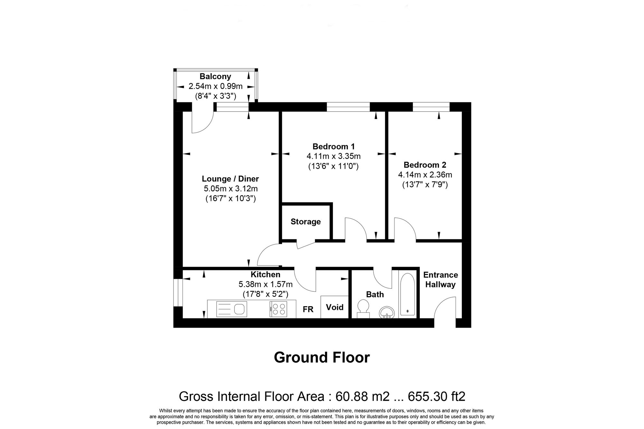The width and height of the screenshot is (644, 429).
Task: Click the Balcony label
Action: pyautogui.click(x=215, y=77)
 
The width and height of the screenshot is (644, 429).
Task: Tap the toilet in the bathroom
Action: pyautogui.click(x=363, y=308)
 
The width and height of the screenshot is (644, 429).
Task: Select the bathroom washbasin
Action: pyautogui.click(x=386, y=312)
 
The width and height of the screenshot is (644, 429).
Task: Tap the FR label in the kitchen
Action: pyautogui.click(x=308, y=309)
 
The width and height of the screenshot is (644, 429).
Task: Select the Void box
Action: pyautogui.click(x=335, y=307)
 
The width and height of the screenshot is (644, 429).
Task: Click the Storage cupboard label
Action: pyautogui.click(x=306, y=222)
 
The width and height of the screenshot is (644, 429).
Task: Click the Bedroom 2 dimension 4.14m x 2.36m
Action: pyautogui.click(x=425, y=175)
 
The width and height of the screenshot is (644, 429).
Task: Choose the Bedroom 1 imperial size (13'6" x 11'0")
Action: pyautogui.click(x=333, y=167)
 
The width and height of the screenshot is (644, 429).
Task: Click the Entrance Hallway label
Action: pyautogui.click(x=440, y=279)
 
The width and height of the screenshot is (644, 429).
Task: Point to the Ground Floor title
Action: pyautogui.click(x=322, y=357)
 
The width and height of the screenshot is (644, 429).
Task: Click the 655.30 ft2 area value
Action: pyautogui.click(x=436, y=397)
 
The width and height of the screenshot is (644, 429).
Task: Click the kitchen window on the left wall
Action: pyautogui.click(x=178, y=293)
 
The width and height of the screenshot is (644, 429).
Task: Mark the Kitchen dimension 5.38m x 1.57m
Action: pyautogui.click(x=265, y=284)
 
